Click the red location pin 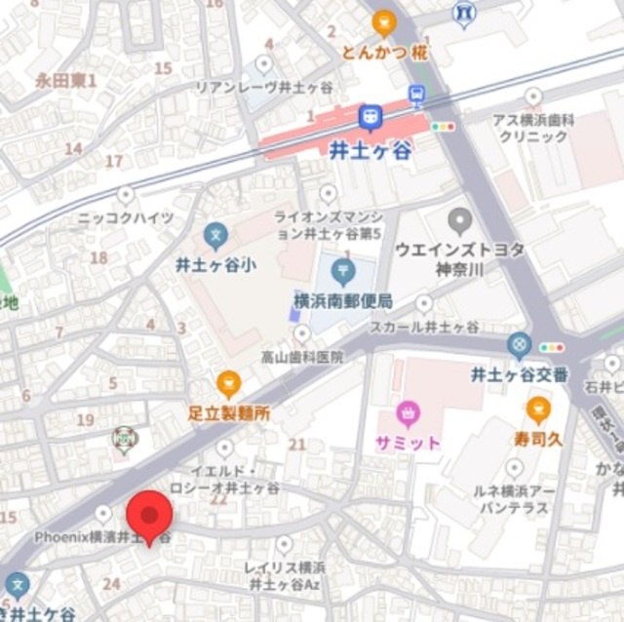point(149,517)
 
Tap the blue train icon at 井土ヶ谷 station point(370,119)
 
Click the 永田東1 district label point(66,81)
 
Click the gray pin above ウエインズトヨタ point(460,220)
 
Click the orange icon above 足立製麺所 point(229,384)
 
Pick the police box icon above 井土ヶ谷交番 point(520,345)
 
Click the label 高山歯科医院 point(302,358)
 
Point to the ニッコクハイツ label point(126,217)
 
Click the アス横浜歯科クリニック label point(532,128)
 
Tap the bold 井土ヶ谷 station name point(370,150)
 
